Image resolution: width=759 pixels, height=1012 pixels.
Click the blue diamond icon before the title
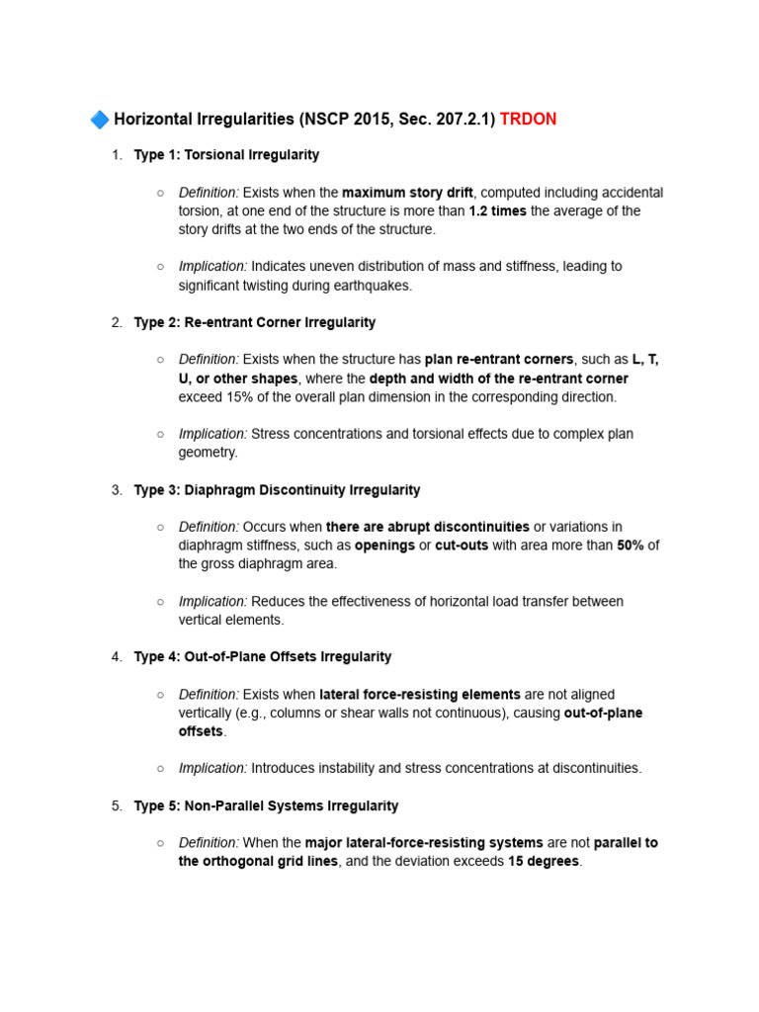click(x=100, y=120)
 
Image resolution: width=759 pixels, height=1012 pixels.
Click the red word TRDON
click(x=528, y=120)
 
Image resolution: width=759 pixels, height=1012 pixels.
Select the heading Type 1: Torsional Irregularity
click(x=226, y=155)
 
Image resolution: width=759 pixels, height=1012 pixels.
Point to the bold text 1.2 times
click(x=497, y=211)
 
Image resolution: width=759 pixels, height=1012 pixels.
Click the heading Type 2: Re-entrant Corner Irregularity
click(x=255, y=322)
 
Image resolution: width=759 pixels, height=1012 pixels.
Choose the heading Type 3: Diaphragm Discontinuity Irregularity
click(x=277, y=490)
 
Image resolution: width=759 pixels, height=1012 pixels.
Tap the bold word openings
click(x=384, y=546)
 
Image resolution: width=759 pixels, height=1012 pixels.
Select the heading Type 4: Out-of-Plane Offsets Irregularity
click(x=263, y=657)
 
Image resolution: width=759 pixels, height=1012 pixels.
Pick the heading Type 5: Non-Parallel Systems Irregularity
click(x=266, y=806)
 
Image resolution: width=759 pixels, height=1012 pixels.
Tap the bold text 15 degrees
click(x=544, y=862)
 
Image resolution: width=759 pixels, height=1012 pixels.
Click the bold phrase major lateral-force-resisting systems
click(x=424, y=843)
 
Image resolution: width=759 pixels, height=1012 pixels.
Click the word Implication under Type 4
click(x=212, y=769)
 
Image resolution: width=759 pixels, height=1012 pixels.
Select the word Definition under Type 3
click(x=209, y=527)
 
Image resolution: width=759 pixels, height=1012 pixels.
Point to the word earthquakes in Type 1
click(x=377, y=286)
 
